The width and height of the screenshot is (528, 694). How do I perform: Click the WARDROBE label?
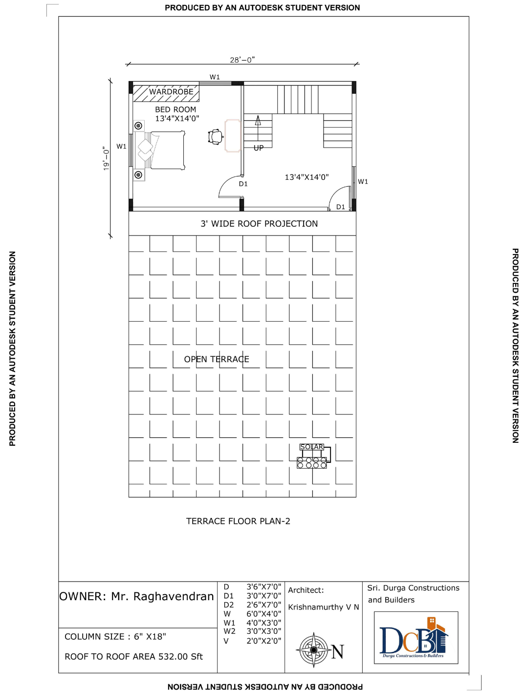(171, 92)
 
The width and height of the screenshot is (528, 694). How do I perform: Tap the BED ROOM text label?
(176, 109)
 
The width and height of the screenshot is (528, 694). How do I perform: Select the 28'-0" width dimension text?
(242, 60)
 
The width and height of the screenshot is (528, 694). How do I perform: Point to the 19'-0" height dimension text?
(106, 158)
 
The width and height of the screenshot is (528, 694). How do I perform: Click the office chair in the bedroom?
(216, 137)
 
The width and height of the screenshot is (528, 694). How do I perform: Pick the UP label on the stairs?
(258, 148)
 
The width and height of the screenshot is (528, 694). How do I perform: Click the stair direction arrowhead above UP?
(258, 120)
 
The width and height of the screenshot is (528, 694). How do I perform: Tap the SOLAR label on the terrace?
(312, 447)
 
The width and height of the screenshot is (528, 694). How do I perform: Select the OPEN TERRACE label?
(217, 359)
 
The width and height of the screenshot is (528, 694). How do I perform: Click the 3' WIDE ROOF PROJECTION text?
(259, 224)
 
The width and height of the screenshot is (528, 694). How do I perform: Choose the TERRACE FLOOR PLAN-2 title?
(238, 521)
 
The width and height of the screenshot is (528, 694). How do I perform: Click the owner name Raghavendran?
(174, 596)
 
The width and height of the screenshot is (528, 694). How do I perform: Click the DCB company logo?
(416, 638)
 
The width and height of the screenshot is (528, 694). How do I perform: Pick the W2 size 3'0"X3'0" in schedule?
(264, 631)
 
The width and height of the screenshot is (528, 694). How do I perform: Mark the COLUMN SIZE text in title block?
(95, 636)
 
